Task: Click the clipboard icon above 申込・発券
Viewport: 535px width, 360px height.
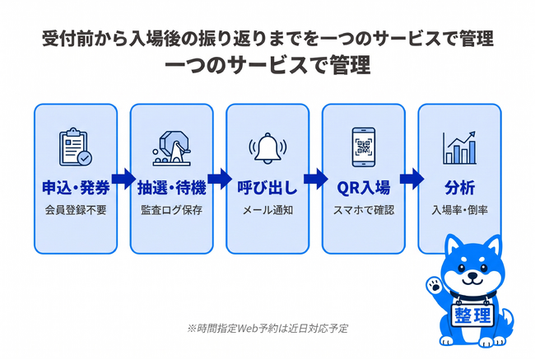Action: tap(76, 147)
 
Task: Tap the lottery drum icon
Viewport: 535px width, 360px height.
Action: tap(171, 148)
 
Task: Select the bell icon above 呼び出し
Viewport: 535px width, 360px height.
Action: tap(267, 148)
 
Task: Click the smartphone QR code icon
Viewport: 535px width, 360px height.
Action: tap(364, 147)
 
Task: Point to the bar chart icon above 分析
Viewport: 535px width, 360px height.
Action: tap(459, 148)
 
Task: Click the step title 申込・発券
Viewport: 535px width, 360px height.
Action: tap(76, 188)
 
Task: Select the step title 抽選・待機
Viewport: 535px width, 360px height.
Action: tap(172, 188)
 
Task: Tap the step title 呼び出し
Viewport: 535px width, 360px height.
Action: tap(267, 188)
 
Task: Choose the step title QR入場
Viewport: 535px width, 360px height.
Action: tap(363, 188)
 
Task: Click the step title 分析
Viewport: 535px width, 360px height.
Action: tap(459, 188)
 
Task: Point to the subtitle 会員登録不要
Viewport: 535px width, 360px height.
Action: tap(76, 210)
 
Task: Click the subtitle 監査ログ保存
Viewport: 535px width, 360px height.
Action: tap(172, 210)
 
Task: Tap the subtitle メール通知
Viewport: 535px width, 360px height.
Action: tap(267, 210)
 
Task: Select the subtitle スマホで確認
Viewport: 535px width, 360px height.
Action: tap(364, 210)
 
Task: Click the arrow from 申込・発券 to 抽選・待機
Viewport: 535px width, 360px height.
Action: tap(123, 179)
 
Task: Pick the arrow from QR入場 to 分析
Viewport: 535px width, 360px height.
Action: tap(412, 179)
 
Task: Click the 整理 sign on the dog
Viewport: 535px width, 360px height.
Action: tap(472, 315)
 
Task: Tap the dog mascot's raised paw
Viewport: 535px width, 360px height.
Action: tap(435, 286)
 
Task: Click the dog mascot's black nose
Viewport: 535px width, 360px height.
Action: tap(473, 274)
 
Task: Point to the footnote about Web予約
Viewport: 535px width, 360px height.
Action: tap(267, 329)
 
